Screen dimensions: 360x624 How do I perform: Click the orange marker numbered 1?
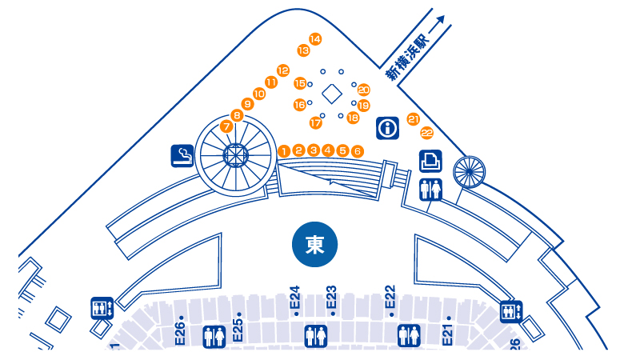pyautogui.click(x=284, y=150)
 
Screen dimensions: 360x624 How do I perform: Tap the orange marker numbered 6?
pyautogui.click(x=357, y=150)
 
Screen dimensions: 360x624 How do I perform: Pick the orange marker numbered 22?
pyautogui.click(x=426, y=133)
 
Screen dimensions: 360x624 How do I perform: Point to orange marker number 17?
pyautogui.click(x=315, y=123)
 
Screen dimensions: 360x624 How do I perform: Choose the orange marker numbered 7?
pyautogui.click(x=226, y=126)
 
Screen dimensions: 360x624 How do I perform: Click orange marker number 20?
pyautogui.click(x=363, y=90)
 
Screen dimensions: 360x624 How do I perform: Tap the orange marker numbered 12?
pyautogui.click(x=282, y=70)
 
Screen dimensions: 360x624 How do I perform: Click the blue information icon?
pyautogui.click(x=388, y=127)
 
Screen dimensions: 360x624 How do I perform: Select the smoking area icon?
pyautogui.click(x=182, y=155)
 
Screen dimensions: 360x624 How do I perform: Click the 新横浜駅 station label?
pyautogui.click(x=406, y=62)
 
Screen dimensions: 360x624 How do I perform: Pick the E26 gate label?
pyautogui.click(x=181, y=330)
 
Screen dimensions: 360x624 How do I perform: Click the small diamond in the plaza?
pyautogui.click(x=330, y=94)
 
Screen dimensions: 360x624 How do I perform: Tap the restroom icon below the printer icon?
pyautogui.click(x=430, y=190)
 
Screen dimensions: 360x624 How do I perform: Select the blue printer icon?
pyautogui.click(x=430, y=160)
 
